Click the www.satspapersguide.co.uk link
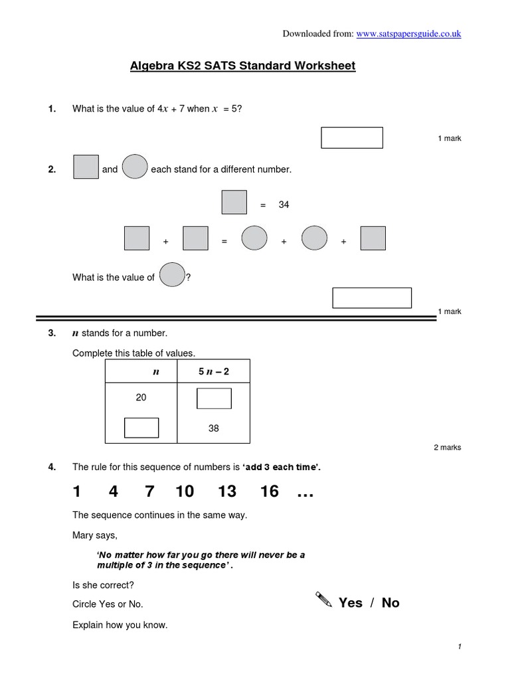(x=408, y=34)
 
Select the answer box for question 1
(x=352, y=137)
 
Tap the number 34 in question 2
(x=284, y=205)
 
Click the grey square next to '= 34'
(x=234, y=203)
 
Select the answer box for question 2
(x=372, y=298)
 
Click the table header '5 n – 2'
(x=213, y=372)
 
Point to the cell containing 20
(x=141, y=397)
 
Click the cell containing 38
(x=213, y=428)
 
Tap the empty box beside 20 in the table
(x=214, y=398)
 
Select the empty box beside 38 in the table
(x=141, y=428)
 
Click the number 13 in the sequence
(x=226, y=491)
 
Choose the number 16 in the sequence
(x=269, y=491)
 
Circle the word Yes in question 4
(x=351, y=603)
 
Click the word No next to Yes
(x=390, y=603)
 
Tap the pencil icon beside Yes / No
(x=323, y=601)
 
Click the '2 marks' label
(x=447, y=448)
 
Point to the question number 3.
(x=52, y=333)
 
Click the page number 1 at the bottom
(x=459, y=647)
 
